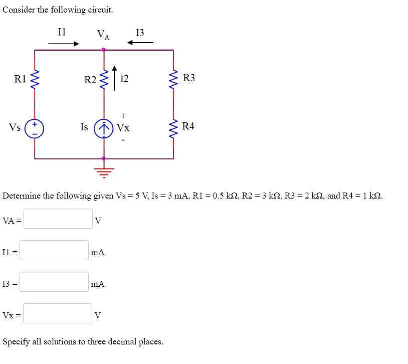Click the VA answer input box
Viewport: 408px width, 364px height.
(58, 219)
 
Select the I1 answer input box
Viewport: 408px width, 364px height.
(54, 250)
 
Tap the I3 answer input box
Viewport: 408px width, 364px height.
(54, 282)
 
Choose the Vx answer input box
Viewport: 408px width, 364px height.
(58, 313)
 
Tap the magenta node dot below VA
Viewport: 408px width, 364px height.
(104, 50)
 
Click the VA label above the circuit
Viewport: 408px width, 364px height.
(104, 35)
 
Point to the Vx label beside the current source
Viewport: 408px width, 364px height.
(123, 128)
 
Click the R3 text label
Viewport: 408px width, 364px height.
(189, 78)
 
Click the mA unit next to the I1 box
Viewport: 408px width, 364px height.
(98, 253)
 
